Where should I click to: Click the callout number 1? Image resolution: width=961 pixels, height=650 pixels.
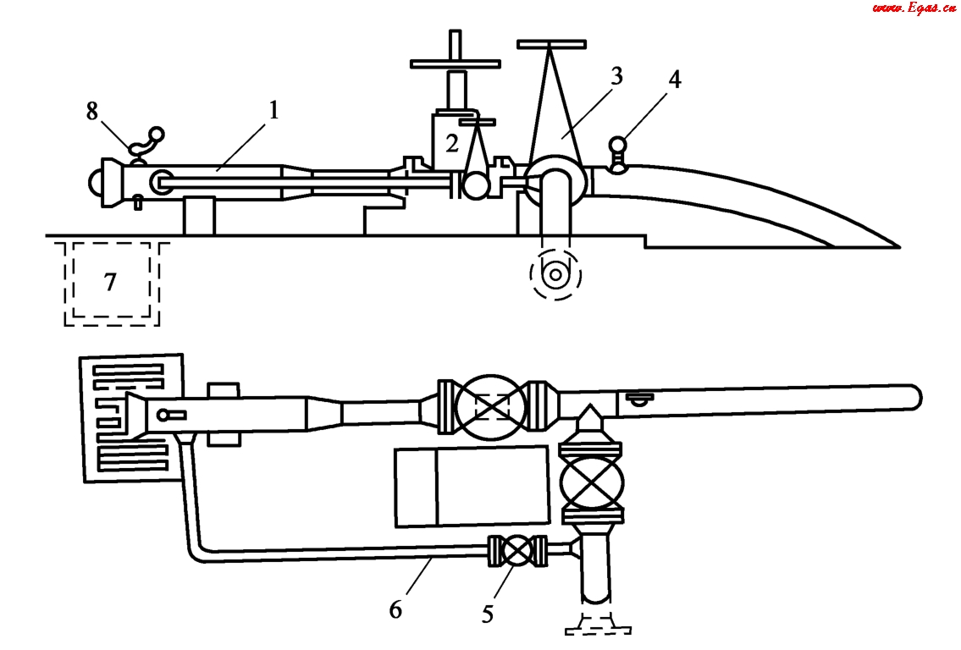[273, 110]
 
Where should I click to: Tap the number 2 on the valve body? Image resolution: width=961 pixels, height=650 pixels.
[452, 143]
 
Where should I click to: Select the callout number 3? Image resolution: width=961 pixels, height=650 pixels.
[616, 76]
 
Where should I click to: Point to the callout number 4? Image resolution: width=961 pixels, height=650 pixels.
[674, 80]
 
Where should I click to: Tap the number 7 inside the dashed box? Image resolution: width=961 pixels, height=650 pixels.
[110, 282]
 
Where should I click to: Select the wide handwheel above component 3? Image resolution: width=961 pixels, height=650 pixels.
[551, 42]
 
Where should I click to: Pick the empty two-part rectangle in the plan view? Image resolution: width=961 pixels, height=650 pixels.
[472, 486]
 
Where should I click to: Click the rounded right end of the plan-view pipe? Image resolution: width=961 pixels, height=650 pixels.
[913, 395]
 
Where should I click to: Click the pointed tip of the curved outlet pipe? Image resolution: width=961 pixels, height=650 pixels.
[896, 247]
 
